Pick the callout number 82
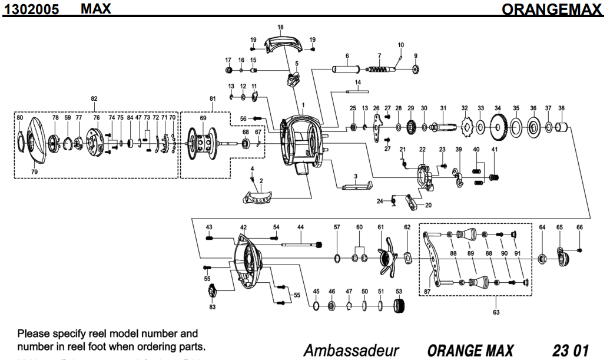pyautogui.click(x=94, y=98)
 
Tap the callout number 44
pyautogui.click(x=300, y=227)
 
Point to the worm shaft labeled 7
pyautogui.click(x=380, y=69)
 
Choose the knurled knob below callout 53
pyautogui.click(x=400, y=306)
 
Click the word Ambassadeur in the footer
pyautogui.click(x=351, y=350)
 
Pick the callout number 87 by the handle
pyautogui.click(x=427, y=291)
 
